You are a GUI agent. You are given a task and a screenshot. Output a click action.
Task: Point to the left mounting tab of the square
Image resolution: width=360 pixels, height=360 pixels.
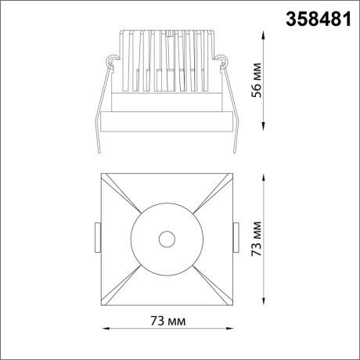pos(97,236)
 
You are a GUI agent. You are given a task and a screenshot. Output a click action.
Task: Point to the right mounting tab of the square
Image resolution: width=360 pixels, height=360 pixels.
pos(237,236)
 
